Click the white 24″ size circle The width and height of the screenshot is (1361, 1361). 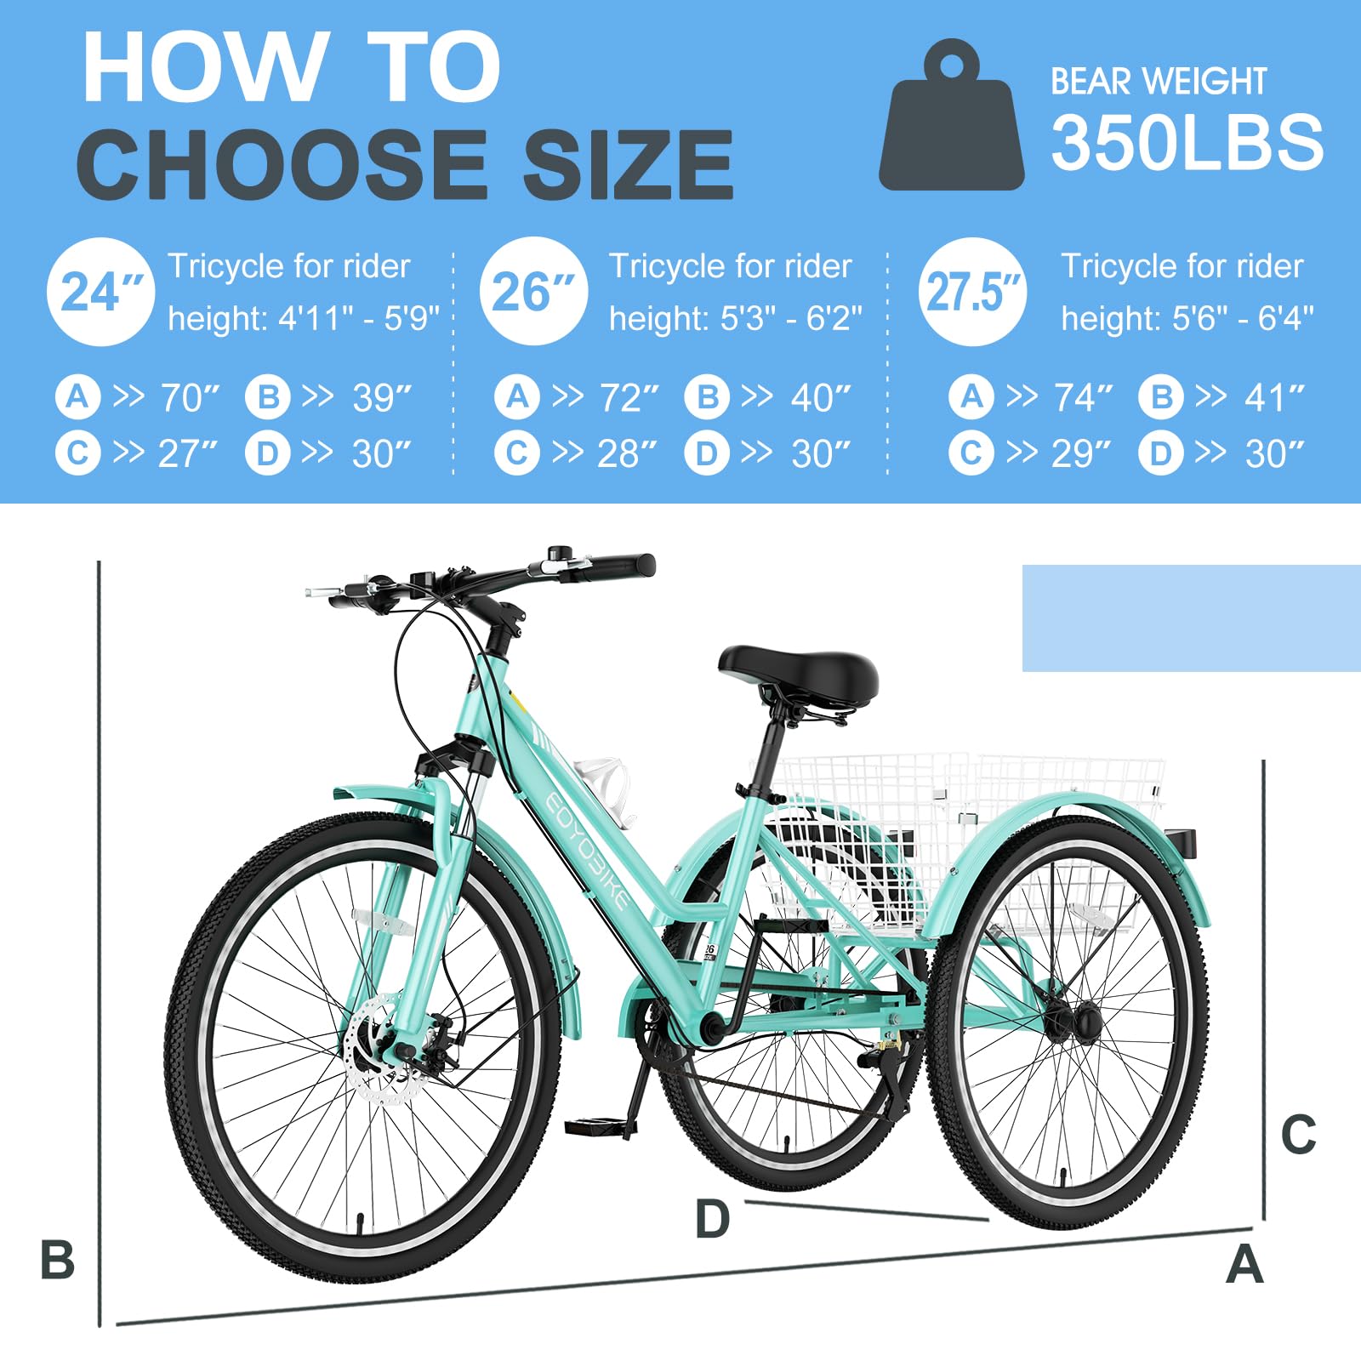pos(100,292)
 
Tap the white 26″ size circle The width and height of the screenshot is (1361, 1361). pos(533,291)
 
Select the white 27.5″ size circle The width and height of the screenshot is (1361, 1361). pos(972,292)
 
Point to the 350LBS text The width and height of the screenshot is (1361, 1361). pos(1187,143)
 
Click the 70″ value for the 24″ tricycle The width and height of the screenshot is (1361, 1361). pos(190,397)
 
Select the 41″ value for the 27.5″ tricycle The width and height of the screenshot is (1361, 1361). pos(1274,397)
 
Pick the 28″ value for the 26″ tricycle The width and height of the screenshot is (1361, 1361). pos(627,453)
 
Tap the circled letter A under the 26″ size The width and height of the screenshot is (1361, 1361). pos(517,397)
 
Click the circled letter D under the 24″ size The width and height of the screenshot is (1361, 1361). pos(268,453)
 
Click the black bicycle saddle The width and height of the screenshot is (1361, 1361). pos(798,672)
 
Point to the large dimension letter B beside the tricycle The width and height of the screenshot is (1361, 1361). pos(57,1260)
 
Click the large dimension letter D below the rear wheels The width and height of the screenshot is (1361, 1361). pos(712,1218)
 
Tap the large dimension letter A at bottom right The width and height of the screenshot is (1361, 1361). pos(1244,1264)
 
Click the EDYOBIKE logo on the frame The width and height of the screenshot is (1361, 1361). pos(587,851)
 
